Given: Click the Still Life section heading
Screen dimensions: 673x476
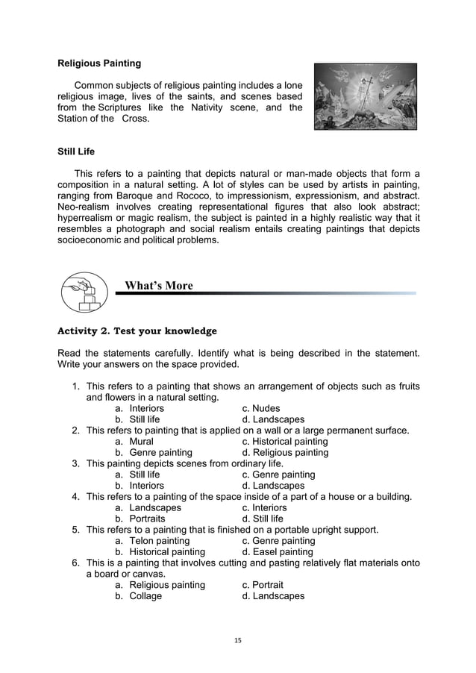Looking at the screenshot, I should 76,151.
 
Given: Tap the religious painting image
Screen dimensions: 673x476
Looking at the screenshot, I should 365,97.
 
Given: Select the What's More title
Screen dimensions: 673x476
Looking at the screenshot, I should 158,286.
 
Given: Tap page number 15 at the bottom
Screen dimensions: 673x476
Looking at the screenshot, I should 239,640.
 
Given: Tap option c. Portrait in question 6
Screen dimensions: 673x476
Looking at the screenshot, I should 263,585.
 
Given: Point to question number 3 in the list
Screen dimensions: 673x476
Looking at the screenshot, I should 75,463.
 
